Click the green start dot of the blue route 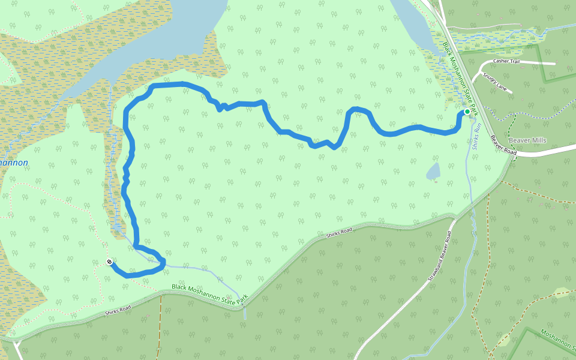tap(467, 112)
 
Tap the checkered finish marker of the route tap(109, 262)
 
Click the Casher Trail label tap(506, 61)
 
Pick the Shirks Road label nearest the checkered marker tap(118, 310)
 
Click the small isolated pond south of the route tap(433, 172)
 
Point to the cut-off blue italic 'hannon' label tap(13, 163)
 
